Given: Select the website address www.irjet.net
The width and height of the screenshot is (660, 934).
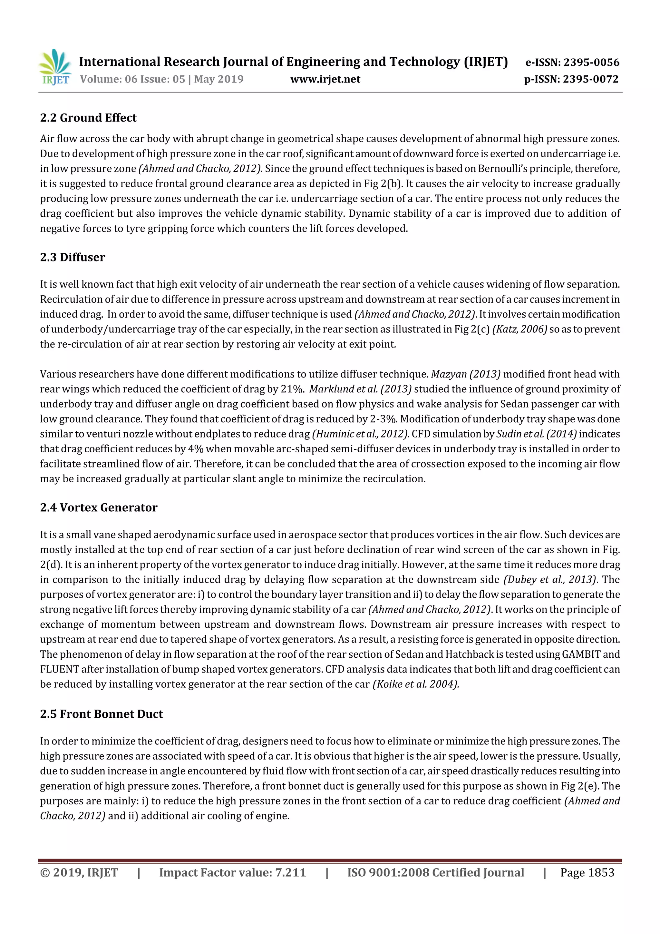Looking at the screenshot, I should pos(325,79).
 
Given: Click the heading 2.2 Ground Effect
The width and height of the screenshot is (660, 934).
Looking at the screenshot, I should pos(88,118).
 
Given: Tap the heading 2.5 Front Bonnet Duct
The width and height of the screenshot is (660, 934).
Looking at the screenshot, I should pos(101,714).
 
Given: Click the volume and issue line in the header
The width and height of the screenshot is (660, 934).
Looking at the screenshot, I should pos(161,79).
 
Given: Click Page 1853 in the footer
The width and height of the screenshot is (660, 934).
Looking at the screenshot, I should pos(587,872).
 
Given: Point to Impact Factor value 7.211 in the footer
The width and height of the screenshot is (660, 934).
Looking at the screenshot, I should pos(232,872).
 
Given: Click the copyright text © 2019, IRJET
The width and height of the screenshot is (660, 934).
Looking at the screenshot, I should pos(79,872).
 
